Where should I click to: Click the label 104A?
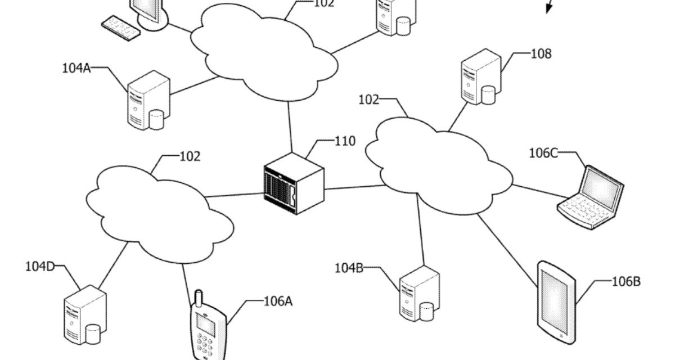tap(76, 69)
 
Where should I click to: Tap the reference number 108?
tap(541, 54)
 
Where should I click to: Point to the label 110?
tap(345, 141)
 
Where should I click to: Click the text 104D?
tap(39, 266)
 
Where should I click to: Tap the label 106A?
tap(278, 301)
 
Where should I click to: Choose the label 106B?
tap(626, 282)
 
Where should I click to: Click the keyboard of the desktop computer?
tap(120, 28)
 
